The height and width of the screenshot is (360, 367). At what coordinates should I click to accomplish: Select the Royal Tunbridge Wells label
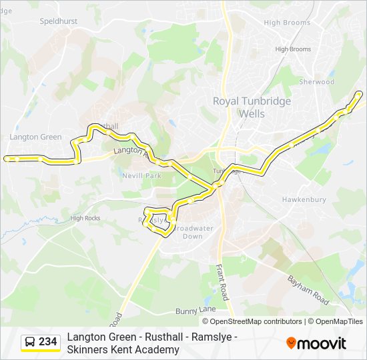point(242,107)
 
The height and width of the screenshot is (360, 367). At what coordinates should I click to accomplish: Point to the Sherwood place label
point(316,82)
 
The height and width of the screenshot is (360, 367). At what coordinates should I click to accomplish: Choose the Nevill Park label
point(142,176)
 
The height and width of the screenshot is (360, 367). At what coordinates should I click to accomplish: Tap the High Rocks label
point(85,218)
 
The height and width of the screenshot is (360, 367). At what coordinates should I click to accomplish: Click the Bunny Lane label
point(196,310)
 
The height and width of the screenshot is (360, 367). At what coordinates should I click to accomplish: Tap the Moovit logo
point(316,343)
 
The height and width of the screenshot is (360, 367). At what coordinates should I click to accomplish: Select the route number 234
point(48,342)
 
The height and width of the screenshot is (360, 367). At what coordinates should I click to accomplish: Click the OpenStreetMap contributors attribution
point(253,321)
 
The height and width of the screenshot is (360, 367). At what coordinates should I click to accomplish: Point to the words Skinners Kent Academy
point(123,349)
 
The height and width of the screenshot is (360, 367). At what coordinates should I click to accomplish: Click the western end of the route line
point(6,159)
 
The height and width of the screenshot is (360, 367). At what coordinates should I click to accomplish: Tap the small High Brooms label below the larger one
point(293,49)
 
